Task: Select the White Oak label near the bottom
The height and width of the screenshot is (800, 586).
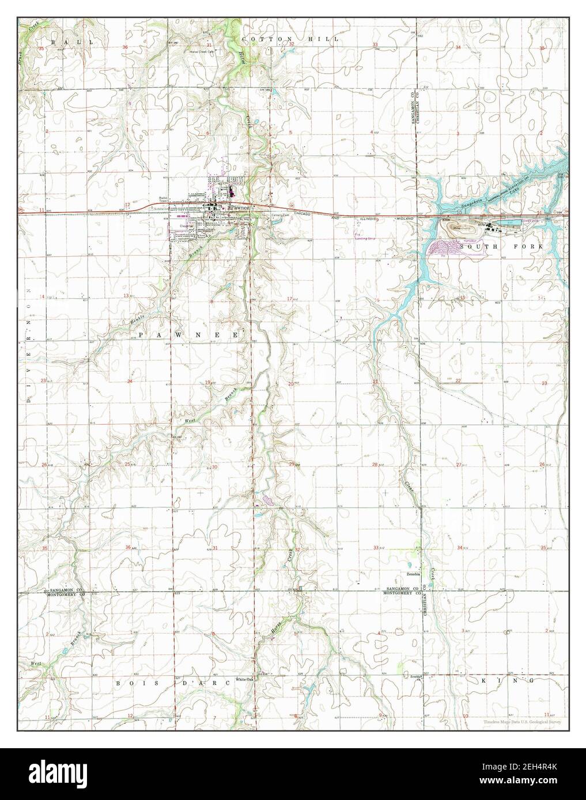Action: (x=244, y=679)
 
